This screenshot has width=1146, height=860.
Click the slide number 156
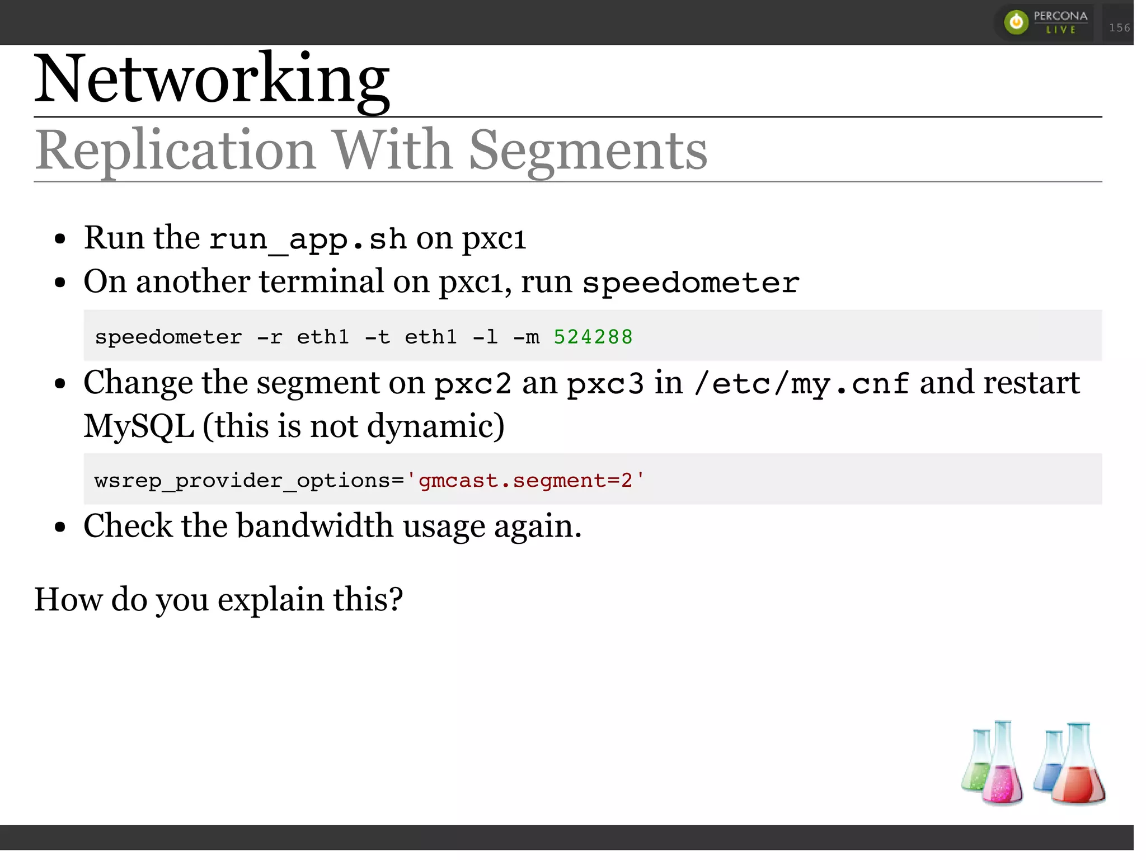point(1119,27)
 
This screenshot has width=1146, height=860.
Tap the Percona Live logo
point(1045,22)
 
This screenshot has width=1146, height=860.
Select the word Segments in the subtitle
point(588,150)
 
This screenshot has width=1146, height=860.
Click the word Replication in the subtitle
point(175,150)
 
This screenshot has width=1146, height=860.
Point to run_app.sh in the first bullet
point(308,239)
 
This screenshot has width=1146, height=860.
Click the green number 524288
point(593,337)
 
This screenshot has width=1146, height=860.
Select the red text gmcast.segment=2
point(525,481)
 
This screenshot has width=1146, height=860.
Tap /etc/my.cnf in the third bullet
point(801,384)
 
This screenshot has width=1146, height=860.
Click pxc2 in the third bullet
point(473,384)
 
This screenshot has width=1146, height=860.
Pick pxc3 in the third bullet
point(605,384)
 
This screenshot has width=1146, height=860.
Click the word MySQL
point(139,426)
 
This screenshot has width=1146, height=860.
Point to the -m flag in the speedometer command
point(526,337)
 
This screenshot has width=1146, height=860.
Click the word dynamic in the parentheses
point(430,426)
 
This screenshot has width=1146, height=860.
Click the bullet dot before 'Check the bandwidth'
point(60,527)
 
